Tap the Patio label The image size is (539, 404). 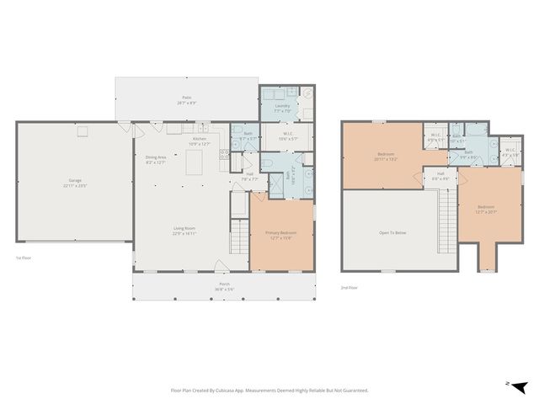tap(186, 100)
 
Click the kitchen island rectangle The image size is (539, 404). tap(199, 167)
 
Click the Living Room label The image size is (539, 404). tap(184, 231)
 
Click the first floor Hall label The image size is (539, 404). tap(249, 177)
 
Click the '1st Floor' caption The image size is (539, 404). tap(24, 258)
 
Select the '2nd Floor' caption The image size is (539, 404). tap(350, 288)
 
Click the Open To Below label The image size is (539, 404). tap(393, 231)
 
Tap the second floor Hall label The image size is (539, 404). tap(441, 178)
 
